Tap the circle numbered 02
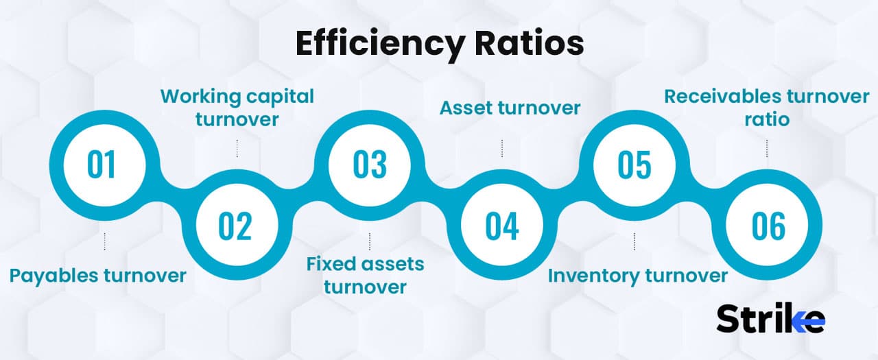pos(236,226)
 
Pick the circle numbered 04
pos(502,226)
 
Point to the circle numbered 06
pos(768,226)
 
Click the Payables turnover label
pos(97,276)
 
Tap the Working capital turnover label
pos(237,107)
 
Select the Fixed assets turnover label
pos(366,274)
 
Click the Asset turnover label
pos(510,108)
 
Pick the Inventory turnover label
pos(637,276)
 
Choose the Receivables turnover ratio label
pos(766,108)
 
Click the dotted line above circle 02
pos(237,148)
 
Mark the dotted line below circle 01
pos(104,241)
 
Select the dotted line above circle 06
pos(767,148)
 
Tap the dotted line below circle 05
pos(634,241)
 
